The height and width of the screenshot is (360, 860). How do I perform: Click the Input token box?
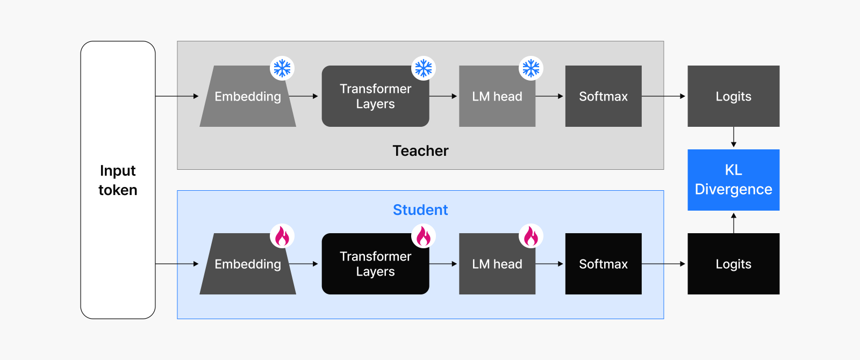(x=118, y=180)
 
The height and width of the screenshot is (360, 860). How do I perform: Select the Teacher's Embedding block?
(x=248, y=96)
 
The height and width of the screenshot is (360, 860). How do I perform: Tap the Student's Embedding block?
(x=248, y=264)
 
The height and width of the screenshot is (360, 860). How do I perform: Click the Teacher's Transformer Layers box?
(x=376, y=96)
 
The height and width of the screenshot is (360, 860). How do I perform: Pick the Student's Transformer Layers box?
(x=376, y=264)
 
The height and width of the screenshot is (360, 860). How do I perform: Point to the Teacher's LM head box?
(x=497, y=96)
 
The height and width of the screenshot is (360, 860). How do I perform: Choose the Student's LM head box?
(x=497, y=264)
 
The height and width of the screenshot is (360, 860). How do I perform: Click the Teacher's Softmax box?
(x=604, y=96)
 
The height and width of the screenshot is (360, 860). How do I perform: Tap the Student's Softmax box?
(x=604, y=264)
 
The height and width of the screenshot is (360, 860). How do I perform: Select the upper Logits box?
(x=733, y=96)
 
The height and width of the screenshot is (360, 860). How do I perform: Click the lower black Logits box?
(x=733, y=264)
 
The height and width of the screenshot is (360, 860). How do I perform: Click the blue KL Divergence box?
(x=733, y=179)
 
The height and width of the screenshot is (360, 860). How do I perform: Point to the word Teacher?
(x=420, y=151)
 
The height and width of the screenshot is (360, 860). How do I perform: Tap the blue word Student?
(x=420, y=210)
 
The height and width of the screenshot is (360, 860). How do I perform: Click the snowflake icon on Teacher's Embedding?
(x=282, y=68)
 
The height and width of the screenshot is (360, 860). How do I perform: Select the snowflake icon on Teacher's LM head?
(x=531, y=68)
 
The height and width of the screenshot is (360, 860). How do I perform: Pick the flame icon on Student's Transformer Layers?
(x=424, y=236)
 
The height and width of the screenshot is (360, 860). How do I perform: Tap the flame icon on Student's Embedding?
(x=282, y=236)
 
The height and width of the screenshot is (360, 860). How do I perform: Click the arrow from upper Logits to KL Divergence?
(x=734, y=137)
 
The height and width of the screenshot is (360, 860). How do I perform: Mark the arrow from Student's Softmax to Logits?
(x=663, y=264)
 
